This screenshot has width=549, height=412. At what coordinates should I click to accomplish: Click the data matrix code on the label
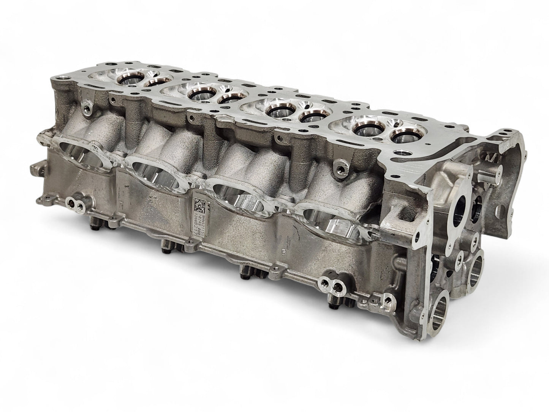pyautogui.click(x=199, y=204)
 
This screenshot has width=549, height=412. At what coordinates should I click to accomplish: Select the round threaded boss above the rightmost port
pyautogui.click(x=342, y=169)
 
